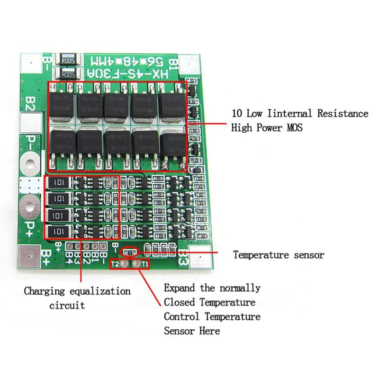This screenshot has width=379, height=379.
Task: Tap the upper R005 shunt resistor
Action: click(67, 60)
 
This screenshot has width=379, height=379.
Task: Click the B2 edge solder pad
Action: click(30, 124)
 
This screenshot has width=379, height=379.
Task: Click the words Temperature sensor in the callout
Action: click(278, 255)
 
